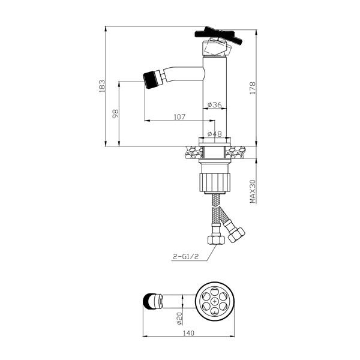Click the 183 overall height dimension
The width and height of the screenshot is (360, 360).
point(102,86)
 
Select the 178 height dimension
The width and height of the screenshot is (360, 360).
point(253,88)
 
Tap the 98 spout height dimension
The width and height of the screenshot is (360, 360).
point(115,113)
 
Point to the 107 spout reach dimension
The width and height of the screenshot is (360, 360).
point(179,117)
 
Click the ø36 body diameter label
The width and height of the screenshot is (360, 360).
point(215,104)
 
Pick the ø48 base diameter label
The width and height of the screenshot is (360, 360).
point(215,134)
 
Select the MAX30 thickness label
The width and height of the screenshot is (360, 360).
point(253,191)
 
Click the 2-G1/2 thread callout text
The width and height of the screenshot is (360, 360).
point(185,256)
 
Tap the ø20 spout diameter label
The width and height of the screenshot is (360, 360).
point(179,319)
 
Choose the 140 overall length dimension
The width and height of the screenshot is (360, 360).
point(189,333)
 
